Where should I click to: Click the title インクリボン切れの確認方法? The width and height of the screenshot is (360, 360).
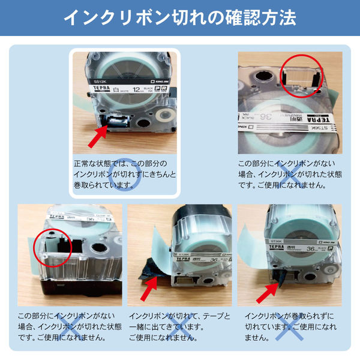(x=180, y=17)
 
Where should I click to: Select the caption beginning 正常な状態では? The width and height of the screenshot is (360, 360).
(x=126, y=174)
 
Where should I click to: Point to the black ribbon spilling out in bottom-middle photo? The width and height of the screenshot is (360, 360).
(x=147, y=267)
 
